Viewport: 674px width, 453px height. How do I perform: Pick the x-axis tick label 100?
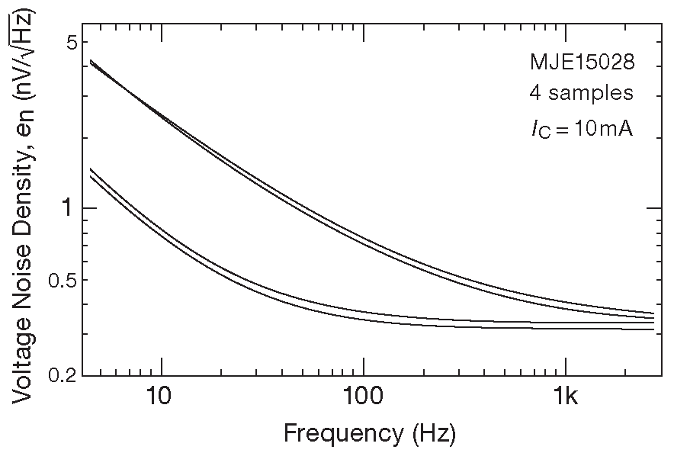pyautogui.click(x=363, y=397)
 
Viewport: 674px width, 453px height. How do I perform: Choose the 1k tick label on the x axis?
pyautogui.click(x=565, y=397)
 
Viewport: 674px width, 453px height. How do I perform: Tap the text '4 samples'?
pyautogui.click(x=581, y=93)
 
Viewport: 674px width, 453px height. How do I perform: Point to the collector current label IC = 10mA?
pyautogui.click(x=583, y=128)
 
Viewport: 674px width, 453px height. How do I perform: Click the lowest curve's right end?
pyautogui.click(x=653, y=329)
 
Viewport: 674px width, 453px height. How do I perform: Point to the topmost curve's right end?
pyautogui.click(x=653, y=313)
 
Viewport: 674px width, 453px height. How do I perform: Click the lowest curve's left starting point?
pyautogui.click(x=91, y=176)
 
